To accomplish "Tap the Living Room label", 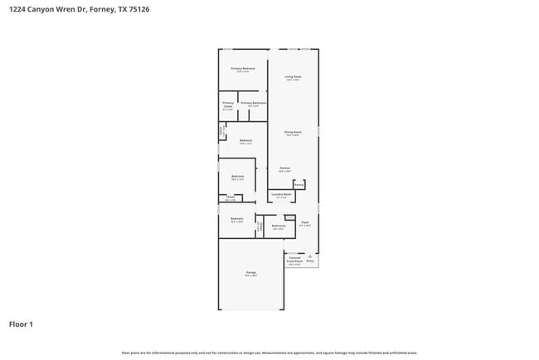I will [293, 77].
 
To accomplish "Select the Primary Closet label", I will [228, 105].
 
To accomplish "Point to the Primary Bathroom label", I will [254, 103].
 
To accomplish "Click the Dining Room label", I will [293, 132].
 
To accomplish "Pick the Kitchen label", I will [284, 168].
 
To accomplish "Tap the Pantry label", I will [299, 184].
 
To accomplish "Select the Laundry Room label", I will [281, 195].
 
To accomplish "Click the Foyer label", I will [304, 222].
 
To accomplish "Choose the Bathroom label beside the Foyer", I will [279, 226].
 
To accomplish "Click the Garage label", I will [250, 272].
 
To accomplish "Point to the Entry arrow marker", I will [310, 258].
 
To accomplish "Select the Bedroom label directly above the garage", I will [236, 219].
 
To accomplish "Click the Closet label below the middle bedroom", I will [230, 197].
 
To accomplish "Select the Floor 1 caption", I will [21, 324].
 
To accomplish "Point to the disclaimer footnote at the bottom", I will [269, 353].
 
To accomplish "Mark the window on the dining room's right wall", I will [318, 132].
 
